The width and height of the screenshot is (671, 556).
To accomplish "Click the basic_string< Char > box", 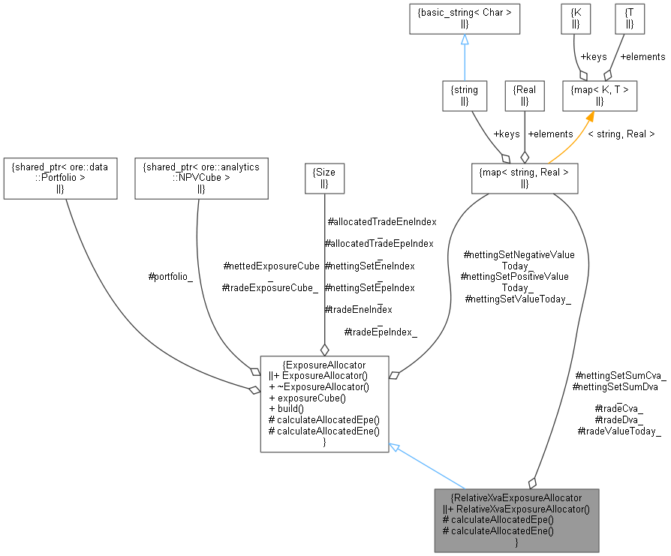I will point(465,18).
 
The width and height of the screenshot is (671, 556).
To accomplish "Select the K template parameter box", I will point(576,18).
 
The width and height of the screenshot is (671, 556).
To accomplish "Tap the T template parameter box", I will point(628,18).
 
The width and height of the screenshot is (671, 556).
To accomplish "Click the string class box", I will point(465,95).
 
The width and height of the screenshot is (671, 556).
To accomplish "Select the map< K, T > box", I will point(600,95).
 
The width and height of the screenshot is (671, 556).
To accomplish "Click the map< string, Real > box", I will point(525,178).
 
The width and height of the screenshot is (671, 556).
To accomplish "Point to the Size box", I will point(324,177).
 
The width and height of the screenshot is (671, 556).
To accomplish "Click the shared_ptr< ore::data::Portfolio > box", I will point(60,178).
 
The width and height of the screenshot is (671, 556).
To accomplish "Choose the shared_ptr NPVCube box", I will point(201,178).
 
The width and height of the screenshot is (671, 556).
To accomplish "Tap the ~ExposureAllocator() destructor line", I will point(319,386).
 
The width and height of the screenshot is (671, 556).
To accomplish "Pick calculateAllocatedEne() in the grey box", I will point(498,530).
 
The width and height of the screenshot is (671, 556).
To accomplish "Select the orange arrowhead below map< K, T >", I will point(591,116).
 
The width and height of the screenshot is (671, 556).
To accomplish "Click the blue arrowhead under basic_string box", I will point(465,40).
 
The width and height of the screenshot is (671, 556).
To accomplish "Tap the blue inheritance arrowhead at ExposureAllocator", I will point(395,446).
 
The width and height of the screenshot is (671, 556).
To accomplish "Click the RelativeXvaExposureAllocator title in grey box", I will point(516,497).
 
